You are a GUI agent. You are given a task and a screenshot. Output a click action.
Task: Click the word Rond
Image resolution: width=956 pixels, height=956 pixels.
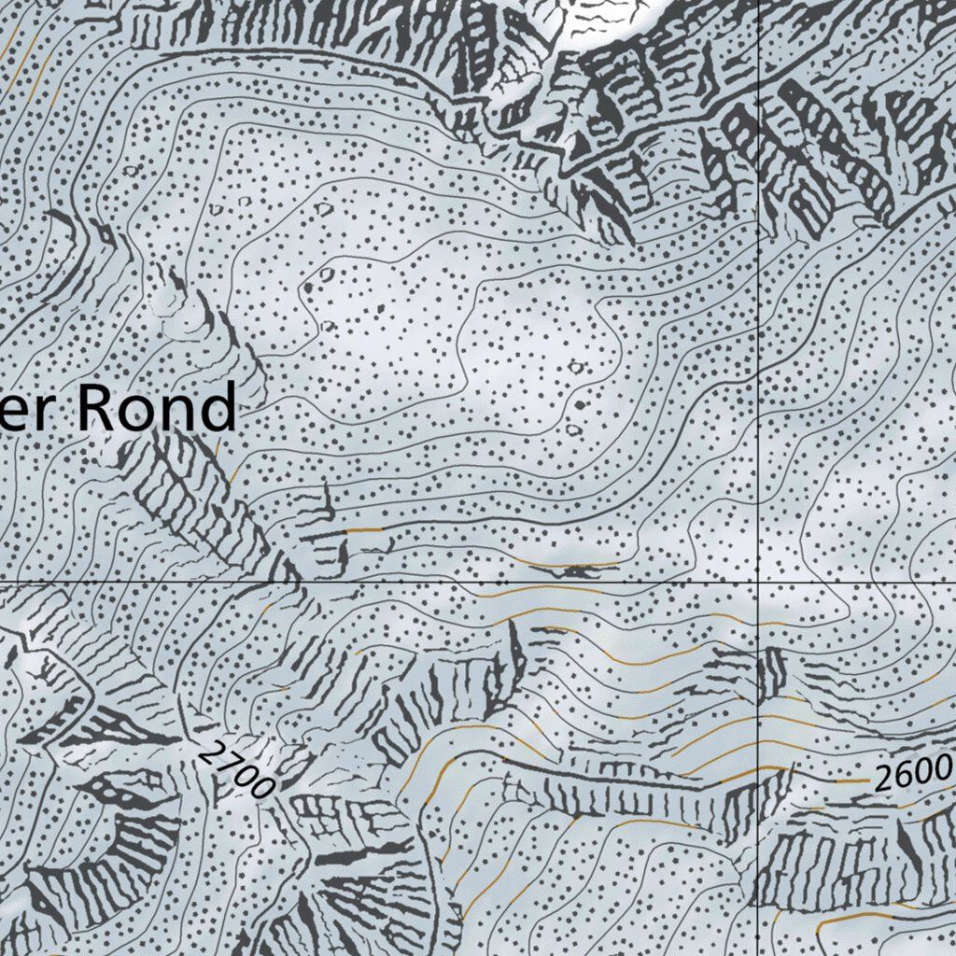tap(155, 408)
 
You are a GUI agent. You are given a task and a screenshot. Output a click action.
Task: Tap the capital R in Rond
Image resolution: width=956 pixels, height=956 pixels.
tap(94, 408)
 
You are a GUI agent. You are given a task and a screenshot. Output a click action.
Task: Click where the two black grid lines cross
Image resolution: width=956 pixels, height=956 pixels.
tap(758, 581)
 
